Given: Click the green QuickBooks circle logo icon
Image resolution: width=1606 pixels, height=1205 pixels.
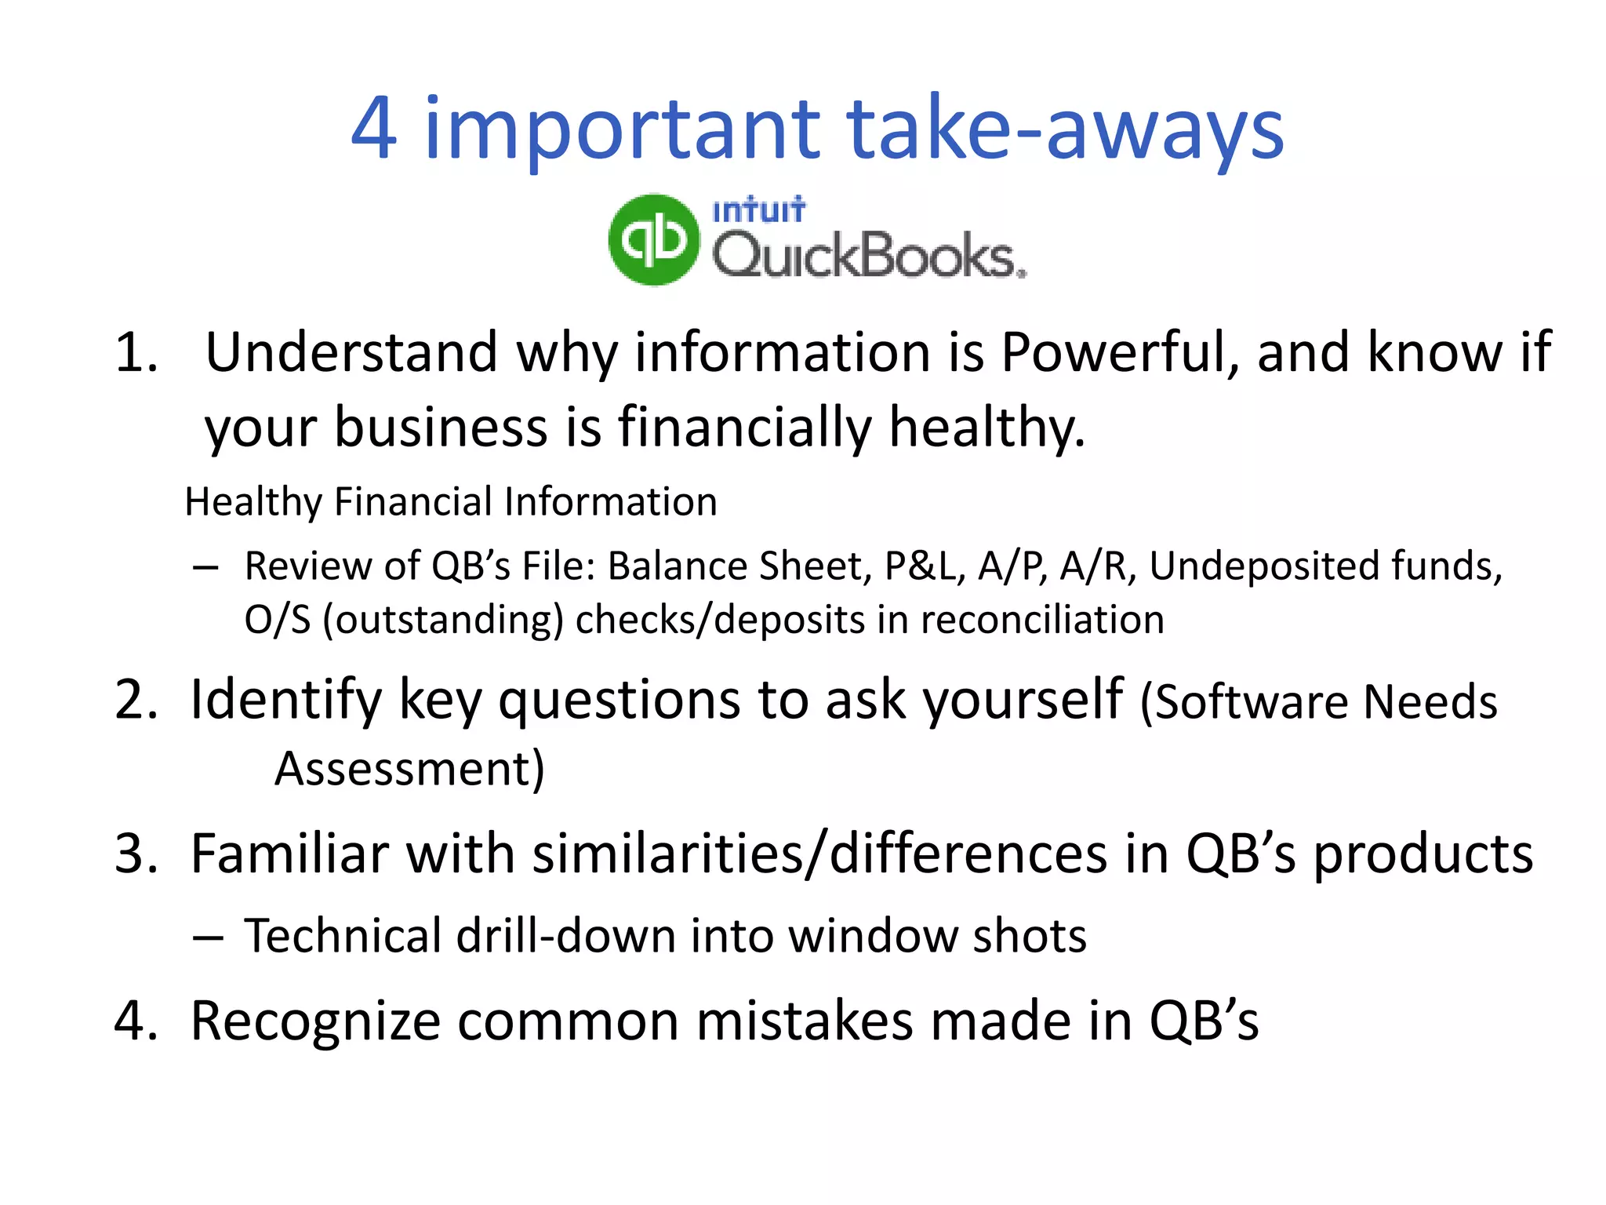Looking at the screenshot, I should pos(653,239).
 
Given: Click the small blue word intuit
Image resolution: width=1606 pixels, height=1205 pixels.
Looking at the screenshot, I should pos(758,210).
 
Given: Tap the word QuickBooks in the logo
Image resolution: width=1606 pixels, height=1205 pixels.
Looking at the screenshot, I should pos(868,257).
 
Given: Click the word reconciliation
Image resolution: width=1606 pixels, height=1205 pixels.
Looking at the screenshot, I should pos(1041,621).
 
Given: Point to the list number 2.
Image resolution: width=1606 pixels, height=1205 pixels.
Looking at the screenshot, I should pos(135,700).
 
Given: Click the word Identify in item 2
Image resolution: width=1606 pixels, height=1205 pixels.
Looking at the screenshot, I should pos(285,700).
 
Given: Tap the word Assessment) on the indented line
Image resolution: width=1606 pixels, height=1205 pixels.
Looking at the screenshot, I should pos(409,769).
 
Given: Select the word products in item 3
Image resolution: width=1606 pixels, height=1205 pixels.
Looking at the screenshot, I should pos(1423,855).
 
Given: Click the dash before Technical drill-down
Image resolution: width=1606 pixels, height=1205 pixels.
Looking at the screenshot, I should pos(208,937).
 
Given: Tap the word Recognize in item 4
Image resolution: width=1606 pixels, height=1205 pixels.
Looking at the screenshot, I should pos(314,1022).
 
